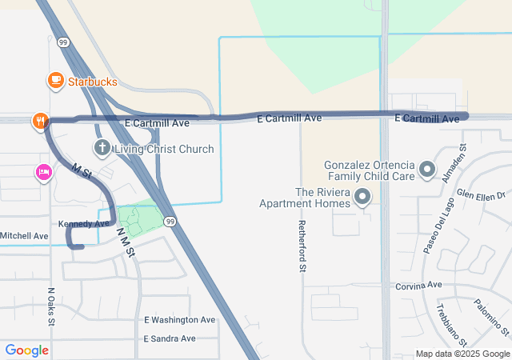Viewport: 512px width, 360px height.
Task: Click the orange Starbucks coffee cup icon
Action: coord(55,80)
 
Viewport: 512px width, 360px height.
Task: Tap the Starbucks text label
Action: coord(92,82)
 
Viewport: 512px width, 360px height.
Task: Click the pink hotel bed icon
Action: coord(43,172)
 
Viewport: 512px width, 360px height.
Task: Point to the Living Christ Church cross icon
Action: coord(102,148)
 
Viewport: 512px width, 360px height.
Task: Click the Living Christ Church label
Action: coord(164,149)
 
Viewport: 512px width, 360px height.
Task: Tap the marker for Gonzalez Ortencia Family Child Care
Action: coord(427,170)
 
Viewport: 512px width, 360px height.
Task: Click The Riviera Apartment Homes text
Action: coord(304,198)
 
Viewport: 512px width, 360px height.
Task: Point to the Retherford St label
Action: coord(302,246)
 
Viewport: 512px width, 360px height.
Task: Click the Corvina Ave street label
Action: coord(418,285)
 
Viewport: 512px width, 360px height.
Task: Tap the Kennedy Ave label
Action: coord(83,223)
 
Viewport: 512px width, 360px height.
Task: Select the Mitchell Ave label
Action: coord(24,236)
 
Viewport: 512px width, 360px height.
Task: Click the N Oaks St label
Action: coord(50,306)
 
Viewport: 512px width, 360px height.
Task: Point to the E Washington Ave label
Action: coord(180,320)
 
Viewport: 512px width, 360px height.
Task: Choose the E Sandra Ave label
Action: coord(170,338)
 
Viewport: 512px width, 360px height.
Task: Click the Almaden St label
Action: coord(454,163)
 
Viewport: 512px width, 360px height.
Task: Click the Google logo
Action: coord(26,350)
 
